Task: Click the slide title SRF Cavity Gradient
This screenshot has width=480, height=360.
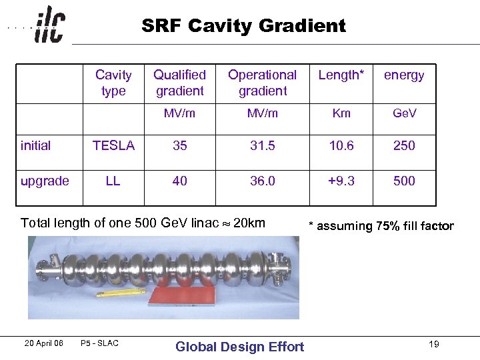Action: (x=243, y=26)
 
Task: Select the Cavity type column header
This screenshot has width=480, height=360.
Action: (x=113, y=83)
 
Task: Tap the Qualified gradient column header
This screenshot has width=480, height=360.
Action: (x=179, y=83)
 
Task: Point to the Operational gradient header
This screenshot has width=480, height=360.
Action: (x=262, y=83)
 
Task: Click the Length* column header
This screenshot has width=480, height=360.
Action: (x=341, y=75)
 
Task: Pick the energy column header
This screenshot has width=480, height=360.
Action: (x=404, y=75)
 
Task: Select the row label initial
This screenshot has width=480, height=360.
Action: (x=36, y=145)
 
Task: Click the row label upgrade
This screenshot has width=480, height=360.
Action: (x=45, y=181)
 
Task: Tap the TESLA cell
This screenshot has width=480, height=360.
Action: (x=113, y=145)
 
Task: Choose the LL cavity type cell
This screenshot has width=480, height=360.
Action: (x=113, y=181)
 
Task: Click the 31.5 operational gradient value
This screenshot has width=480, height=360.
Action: (x=262, y=145)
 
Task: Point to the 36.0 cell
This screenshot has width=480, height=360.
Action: (x=262, y=181)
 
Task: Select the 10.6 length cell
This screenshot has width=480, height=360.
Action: (x=341, y=145)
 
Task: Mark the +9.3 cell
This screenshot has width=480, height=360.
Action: (x=341, y=181)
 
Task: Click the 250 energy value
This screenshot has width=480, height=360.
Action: (x=404, y=145)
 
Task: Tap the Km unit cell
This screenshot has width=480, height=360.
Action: (x=341, y=113)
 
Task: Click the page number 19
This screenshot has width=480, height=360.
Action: (x=434, y=344)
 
